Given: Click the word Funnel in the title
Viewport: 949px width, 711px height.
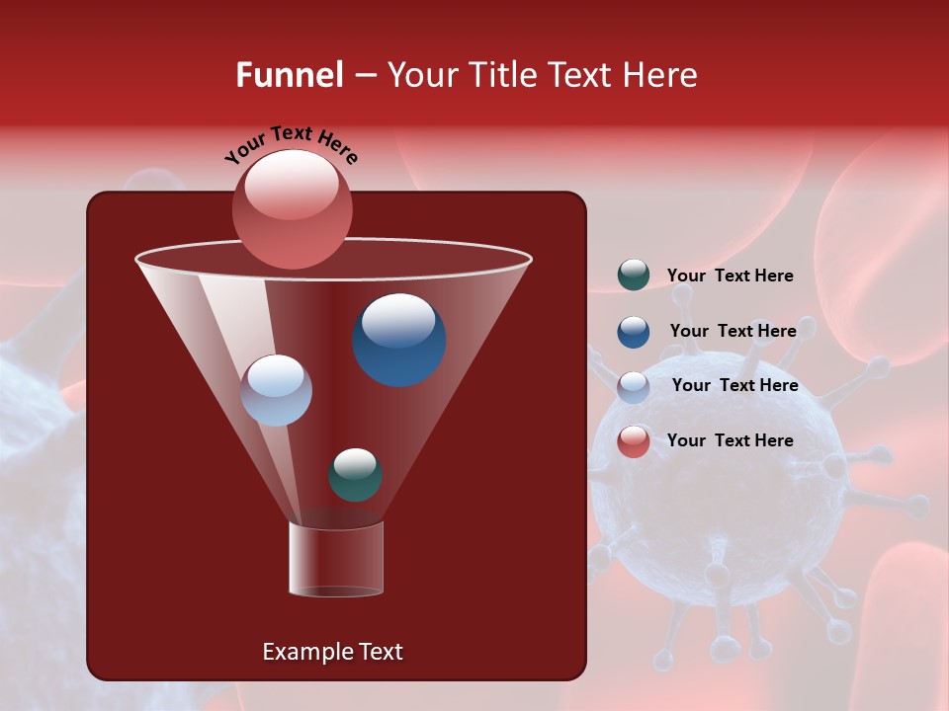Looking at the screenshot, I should [x=289, y=75].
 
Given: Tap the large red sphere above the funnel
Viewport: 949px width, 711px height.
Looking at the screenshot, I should [x=292, y=208].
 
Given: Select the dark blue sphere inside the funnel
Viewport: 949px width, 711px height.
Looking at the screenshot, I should [x=398, y=340].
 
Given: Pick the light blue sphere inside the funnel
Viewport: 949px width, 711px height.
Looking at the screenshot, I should [x=276, y=390].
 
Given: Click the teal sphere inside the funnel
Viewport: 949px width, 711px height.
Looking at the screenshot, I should [x=356, y=474].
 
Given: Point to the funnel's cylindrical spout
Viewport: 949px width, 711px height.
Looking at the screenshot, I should [x=336, y=559].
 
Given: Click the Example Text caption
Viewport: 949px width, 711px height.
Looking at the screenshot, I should [x=332, y=652].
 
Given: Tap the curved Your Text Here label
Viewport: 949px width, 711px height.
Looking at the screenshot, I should [x=291, y=143].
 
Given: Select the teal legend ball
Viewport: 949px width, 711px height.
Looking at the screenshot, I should [x=634, y=276].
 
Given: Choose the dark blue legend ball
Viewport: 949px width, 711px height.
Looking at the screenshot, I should [x=634, y=332].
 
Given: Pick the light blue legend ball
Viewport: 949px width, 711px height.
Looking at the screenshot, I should [x=634, y=387].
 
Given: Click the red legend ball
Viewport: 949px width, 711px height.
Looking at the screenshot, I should [x=634, y=441].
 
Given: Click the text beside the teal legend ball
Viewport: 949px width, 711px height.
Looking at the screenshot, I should [x=730, y=276].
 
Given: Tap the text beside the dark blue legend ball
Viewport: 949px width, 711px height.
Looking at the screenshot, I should [x=733, y=331].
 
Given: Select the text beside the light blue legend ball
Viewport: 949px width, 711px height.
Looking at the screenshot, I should [x=734, y=385].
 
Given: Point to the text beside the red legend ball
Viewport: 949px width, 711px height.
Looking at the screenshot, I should [x=730, y=440].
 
